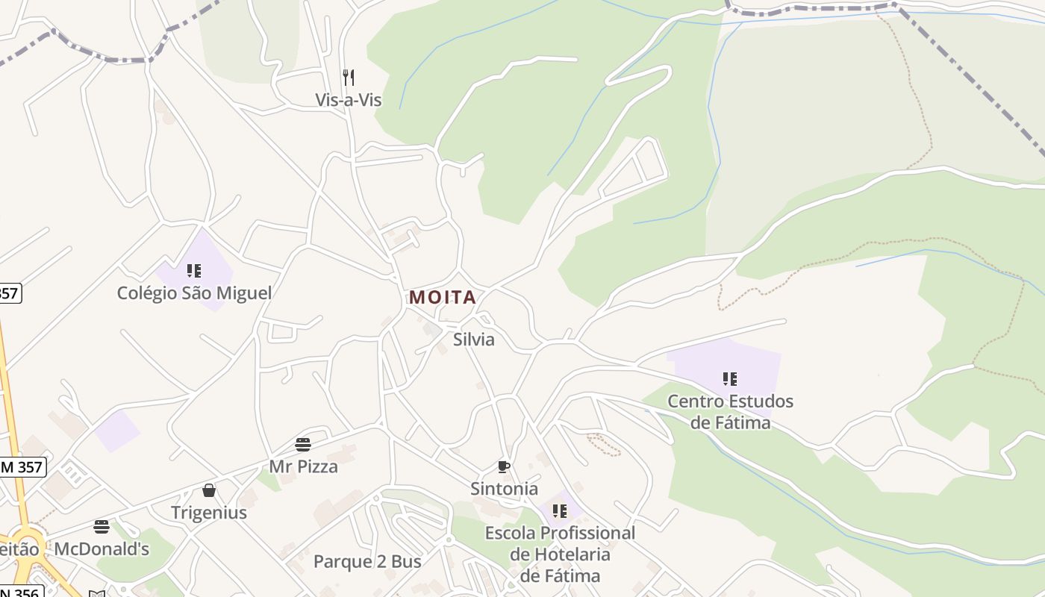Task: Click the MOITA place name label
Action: (x=443, y=297)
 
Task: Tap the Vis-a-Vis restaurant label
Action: (x=349, y=100)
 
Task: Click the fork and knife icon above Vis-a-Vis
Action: (x=349, y=77)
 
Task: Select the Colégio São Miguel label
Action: (x=194, y=293)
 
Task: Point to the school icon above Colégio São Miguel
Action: (x=194, y=270)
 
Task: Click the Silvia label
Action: (x=474, y=340)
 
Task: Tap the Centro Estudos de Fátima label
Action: (x=730, y=412)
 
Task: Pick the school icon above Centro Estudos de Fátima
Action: (x=730, y=378)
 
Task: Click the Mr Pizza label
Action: (x=303, y=467)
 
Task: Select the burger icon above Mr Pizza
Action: (x=303, y=445)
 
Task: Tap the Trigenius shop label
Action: (x=209, y=513)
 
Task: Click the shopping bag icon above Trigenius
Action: (x=209, y=490)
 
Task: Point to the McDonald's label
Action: (x=102, y=550)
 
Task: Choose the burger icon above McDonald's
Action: (x=102, y=527)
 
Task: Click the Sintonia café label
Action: (x=504, y=489)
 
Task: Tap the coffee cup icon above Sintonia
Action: (x=504, y=467)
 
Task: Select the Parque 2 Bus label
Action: (x=367, y=562)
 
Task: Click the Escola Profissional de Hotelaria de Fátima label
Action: (x=560, y=554)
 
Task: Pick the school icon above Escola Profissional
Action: (x=560, y=511)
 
